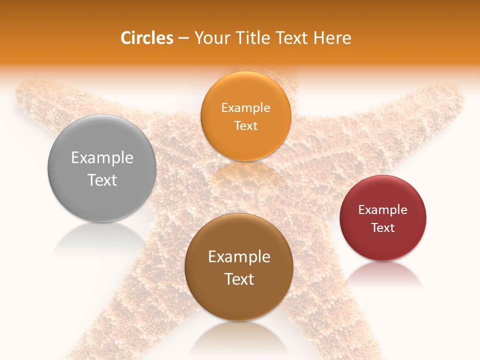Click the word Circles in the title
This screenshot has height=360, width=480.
point(147,38)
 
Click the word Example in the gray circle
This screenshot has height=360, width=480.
point(102,158)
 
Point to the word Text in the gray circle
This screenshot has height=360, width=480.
point(102,180)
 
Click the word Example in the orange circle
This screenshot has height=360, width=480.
point(245,107)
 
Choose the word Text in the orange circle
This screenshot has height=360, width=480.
point(245,125)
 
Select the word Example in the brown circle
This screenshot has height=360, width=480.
point(239,257)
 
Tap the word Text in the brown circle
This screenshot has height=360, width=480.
point(239,279)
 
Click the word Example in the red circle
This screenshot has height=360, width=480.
point(383,209)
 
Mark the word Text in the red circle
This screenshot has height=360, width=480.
point(383,227)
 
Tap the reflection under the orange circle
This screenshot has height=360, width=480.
point(245,172)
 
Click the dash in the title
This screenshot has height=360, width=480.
point(183,38)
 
